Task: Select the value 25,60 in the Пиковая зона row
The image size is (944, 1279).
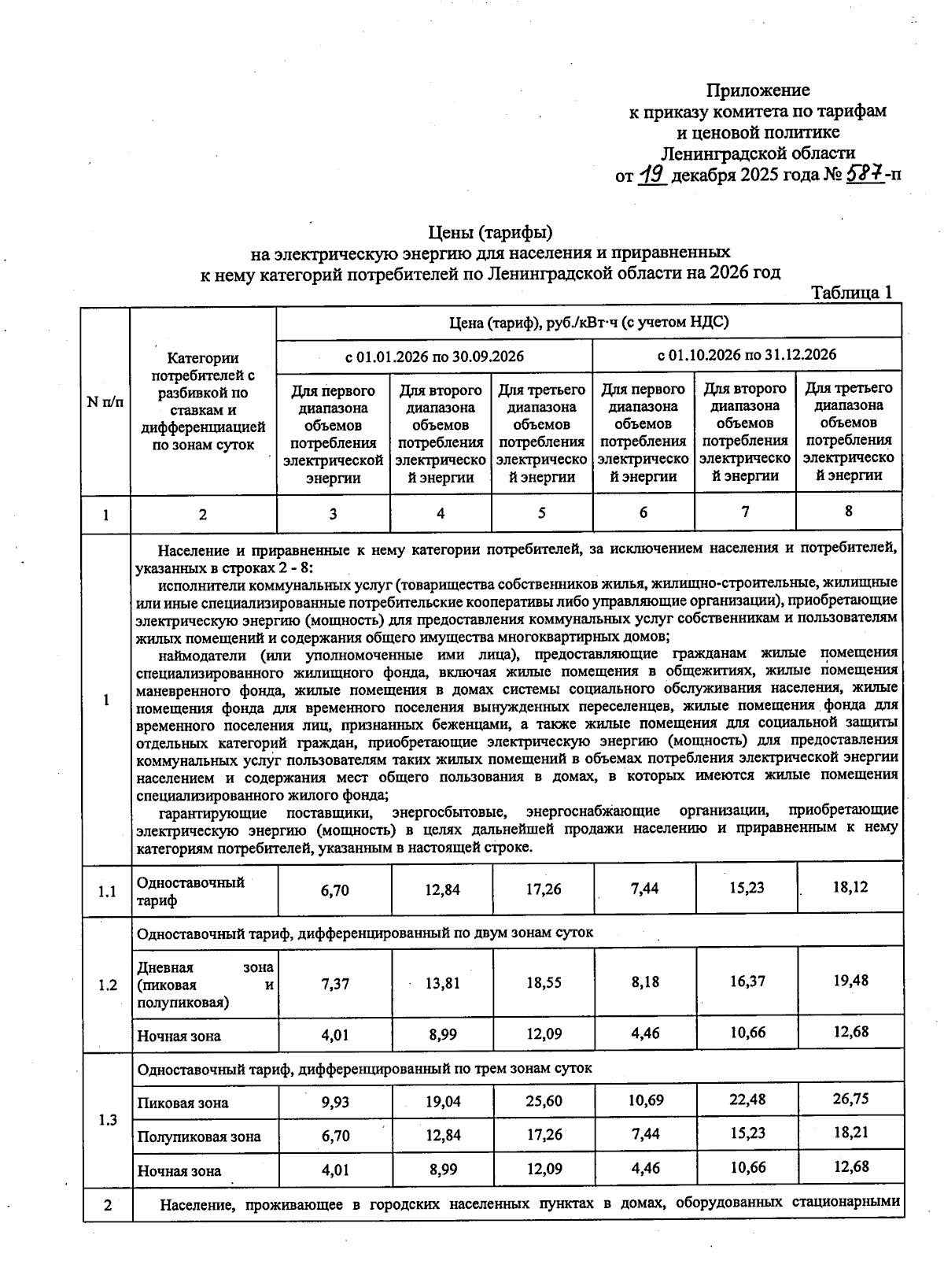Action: [543, 1101]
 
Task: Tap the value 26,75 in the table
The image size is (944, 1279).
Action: [850, 1099]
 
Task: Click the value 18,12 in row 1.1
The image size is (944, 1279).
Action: [850, 887]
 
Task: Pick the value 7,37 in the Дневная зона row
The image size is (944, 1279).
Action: [335, 984]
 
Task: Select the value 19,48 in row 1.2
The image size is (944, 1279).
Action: [850, 981]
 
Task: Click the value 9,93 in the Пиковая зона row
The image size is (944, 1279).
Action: [335, 1102]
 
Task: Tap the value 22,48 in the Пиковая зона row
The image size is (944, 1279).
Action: [747, 1100]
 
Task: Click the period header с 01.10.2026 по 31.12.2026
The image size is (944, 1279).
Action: [747, 354]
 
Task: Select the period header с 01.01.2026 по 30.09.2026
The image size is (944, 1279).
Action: [434, 357]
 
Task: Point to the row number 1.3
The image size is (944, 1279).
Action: [108, 1120]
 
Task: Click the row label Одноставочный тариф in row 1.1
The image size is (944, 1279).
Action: [190, 891]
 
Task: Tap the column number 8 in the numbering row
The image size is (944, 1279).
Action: [849, 511]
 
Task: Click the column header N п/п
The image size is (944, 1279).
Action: [105, 402]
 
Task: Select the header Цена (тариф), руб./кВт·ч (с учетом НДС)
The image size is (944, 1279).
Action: [588, 322]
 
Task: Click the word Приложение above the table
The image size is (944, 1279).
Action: [758, 90]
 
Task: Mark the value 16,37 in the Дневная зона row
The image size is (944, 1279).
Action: [747, 981]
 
